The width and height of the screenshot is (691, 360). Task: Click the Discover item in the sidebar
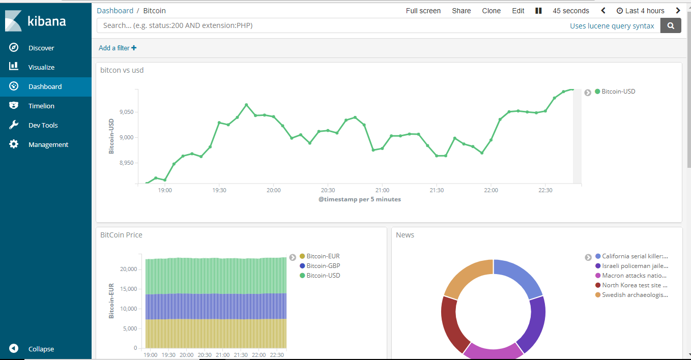coord(41,48)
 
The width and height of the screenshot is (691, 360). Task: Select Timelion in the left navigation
coord(41,106)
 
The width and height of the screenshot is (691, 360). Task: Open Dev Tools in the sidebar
coord(43,125)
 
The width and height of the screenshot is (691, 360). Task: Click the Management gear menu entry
coord(48,144)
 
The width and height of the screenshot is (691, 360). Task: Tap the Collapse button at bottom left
coord(41,349)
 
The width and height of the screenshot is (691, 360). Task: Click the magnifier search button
coord(671,25)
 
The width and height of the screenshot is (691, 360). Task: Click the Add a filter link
coord(118,48)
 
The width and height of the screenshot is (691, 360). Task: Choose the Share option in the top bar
coord(461,11)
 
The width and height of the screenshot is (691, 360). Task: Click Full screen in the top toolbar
coord(423,11)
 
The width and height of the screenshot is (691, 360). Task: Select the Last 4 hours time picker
coord(640,11)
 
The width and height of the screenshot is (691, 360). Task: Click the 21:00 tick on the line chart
coord(382,190)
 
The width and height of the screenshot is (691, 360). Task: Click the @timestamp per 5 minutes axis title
coord(359,199)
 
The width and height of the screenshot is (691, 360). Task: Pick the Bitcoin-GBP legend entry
coord(323,266)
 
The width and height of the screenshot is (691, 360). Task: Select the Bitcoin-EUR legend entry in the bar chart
coord(323,256)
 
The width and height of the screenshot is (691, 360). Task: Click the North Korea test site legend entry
coord(634,285)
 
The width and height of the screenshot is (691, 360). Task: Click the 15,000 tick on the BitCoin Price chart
coord(128,289)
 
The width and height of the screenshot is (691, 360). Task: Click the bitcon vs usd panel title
coord(122,70)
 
